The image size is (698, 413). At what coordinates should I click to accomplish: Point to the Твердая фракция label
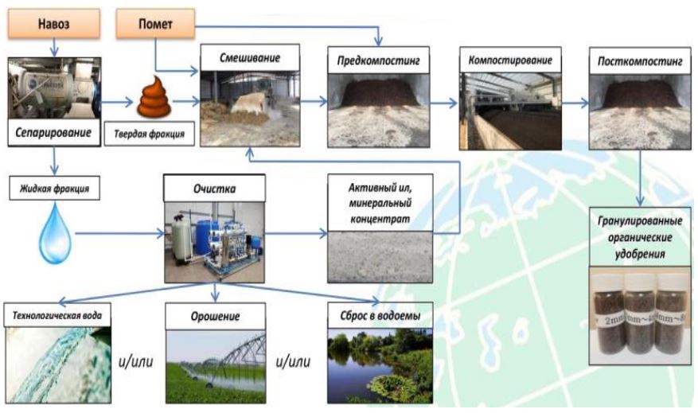[149, 135]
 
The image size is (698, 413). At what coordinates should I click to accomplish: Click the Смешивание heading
[249, 58]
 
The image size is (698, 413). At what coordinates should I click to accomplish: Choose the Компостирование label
[509, 60]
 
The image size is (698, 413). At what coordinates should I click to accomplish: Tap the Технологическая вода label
[57, 313]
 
